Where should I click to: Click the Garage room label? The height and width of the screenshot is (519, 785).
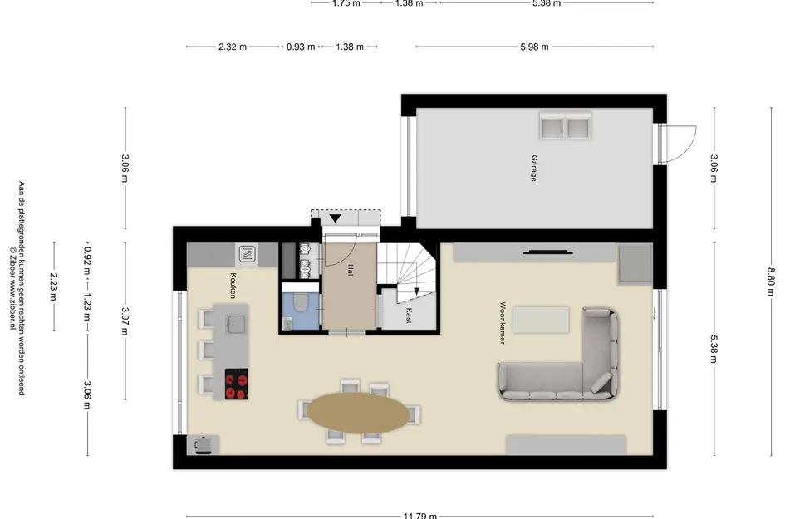[x=534, y=169]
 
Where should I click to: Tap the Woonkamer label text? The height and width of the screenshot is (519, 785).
[x=503, y=323]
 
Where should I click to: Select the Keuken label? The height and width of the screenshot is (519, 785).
[x=233, y=286]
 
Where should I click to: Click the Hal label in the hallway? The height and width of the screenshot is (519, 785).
[x=351, y=270]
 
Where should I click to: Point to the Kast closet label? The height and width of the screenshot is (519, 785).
[x=409, y=316]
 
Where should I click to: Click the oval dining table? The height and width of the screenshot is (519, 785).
[x=359, y=413]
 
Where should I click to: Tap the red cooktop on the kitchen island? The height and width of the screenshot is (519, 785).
[x=236, y=384]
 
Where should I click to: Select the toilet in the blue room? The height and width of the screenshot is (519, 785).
[x=301, y=301]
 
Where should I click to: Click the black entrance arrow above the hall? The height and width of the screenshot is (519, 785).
[x=335, y=218]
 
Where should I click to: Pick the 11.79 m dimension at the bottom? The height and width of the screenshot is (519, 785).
[x=420, y=516]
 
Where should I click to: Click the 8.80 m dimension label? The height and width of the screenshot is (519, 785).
[x=771, y=282]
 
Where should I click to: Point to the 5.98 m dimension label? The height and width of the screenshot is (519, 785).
[x=534, y=47]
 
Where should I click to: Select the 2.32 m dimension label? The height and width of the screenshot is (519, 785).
[x=233, y=47]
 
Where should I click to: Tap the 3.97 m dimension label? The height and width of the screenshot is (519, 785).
[x=125, y=321]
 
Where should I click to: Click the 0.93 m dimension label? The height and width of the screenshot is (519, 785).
[x=301, y=47]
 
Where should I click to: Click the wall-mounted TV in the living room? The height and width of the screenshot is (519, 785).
[x=548, y=252]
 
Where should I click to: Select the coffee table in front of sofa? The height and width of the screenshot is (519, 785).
[x=541, y=320]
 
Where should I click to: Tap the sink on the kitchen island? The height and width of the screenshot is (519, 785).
[x=236, y=323]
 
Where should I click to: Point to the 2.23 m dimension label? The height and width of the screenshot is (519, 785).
[x=53, y=286]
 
